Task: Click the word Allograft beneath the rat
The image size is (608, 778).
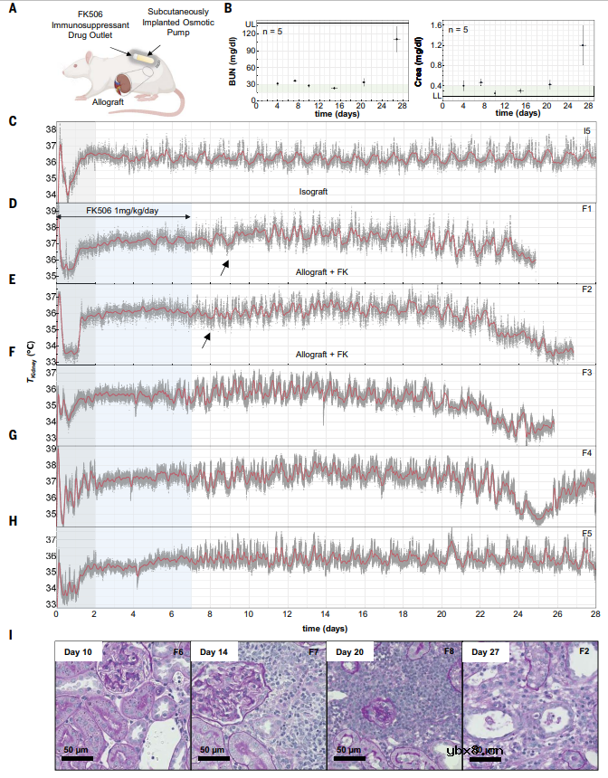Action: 109,102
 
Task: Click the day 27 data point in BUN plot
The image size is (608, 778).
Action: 396,39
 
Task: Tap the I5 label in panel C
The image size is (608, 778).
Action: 587,131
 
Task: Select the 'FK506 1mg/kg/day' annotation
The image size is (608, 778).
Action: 123,210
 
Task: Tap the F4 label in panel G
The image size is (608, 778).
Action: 586,452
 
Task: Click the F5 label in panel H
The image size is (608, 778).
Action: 586,534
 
